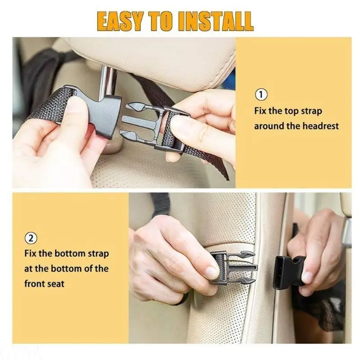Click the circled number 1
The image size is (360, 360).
tap(261, 94)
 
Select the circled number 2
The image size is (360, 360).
tap(31, 238)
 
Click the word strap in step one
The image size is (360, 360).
tap(311, 111)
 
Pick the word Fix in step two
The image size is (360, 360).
tap(31, 253)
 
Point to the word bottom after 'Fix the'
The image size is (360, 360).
tap(67, 253)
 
